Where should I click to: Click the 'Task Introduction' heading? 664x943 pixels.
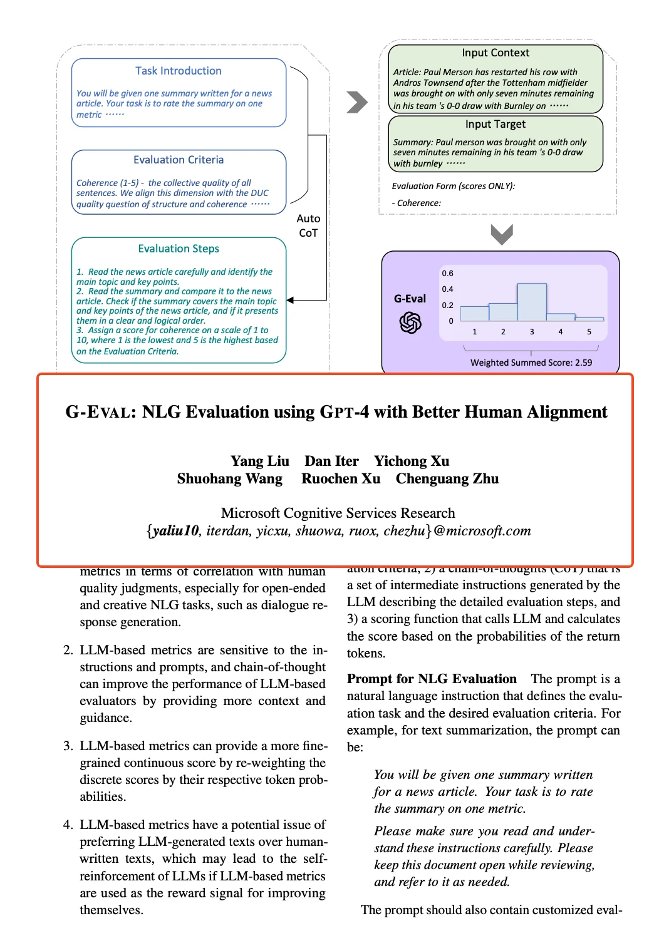pyautogui.click(x=179, y=71)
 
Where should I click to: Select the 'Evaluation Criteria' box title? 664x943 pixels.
pyautogui.click(x=179, y=160)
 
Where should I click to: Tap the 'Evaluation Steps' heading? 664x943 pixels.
pyautogui.click(x=179, y=249)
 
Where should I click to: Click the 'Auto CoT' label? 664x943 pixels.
pyautogui.click(x=308, y=225)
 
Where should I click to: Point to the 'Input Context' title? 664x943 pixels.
pyautogui.click(x=495, y=53)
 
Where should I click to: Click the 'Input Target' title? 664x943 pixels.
pyautogui.click(x=495, y=124)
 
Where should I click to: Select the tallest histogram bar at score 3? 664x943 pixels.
pyautogui.click(x=532, y=302)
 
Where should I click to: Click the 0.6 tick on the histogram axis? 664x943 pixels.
pyautogui.click(x=447, y=274)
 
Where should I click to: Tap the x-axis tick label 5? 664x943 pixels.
pyautogui.click(x=589, y=332)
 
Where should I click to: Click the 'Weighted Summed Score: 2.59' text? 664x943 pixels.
pyautogui.click(x=531, y=363)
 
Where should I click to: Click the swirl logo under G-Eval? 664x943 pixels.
pyautogui.click(x=410, y=323)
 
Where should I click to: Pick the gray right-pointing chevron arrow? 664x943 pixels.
pyautogui.click(x=357, y=102)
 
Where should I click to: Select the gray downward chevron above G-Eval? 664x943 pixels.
pyautogui.click(x=502, y=234)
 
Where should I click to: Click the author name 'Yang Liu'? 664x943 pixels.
pyautogui.click(x=260, y=461)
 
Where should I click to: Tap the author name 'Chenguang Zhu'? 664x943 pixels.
pyautogui.click(x=447, y=479)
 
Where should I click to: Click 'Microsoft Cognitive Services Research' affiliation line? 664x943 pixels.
pyautogui.click(x=338, y=513)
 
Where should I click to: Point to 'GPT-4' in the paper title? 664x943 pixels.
pyautogui.click(x=344, y=412)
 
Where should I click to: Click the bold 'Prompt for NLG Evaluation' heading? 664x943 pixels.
pyautogui.click(x=432, y=679)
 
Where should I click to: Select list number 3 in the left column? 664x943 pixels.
pyautogui.click(x=68, y=746)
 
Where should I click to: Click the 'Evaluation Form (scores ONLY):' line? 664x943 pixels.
pyautogui.click(x=454, y=186)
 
